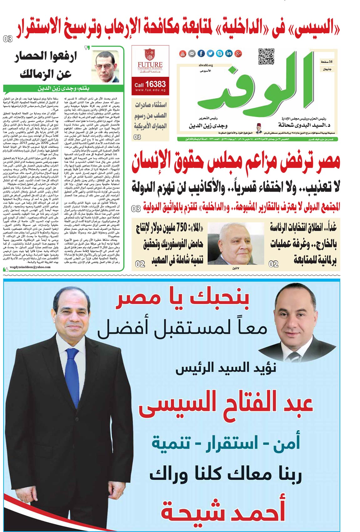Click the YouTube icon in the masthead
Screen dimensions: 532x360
click(x=183, y=54)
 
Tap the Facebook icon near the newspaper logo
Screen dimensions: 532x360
click(x=201, y=54)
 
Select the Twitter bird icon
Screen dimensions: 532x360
click(x=210, y=54)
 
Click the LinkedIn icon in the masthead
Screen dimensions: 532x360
click(x=229, y=54)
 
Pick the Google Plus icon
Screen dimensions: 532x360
click(x=238, y=54)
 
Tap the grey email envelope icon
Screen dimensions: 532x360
click(x=192, y=54)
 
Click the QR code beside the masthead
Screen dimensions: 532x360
click(x=266, y=57)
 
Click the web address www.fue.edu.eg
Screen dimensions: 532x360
click(x=150, y=90)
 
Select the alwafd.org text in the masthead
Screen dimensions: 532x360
click(x=205, y=65)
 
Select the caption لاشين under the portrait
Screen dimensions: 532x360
click(x=235, y=268)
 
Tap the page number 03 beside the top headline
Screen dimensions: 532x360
click(x=8, y=39)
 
